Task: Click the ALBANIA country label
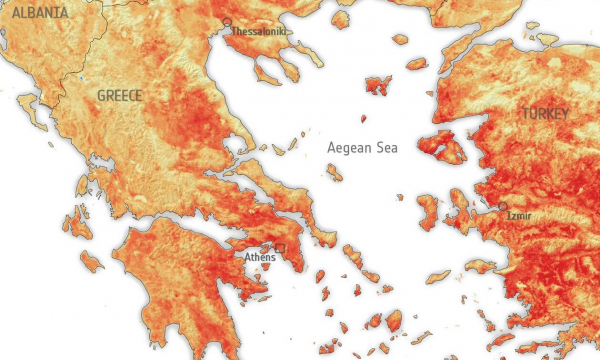click(35, 13)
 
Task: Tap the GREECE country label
click(119, 95)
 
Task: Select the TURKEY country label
click(544, 114)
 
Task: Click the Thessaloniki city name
click(259, 32)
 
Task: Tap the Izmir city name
click(519, 215)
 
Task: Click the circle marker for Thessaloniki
click(227, 22)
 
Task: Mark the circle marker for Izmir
click(502, 206)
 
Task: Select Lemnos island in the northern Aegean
click(378, 85)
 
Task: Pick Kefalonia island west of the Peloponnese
click(75, 222)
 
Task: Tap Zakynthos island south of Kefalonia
click(91, 262)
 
